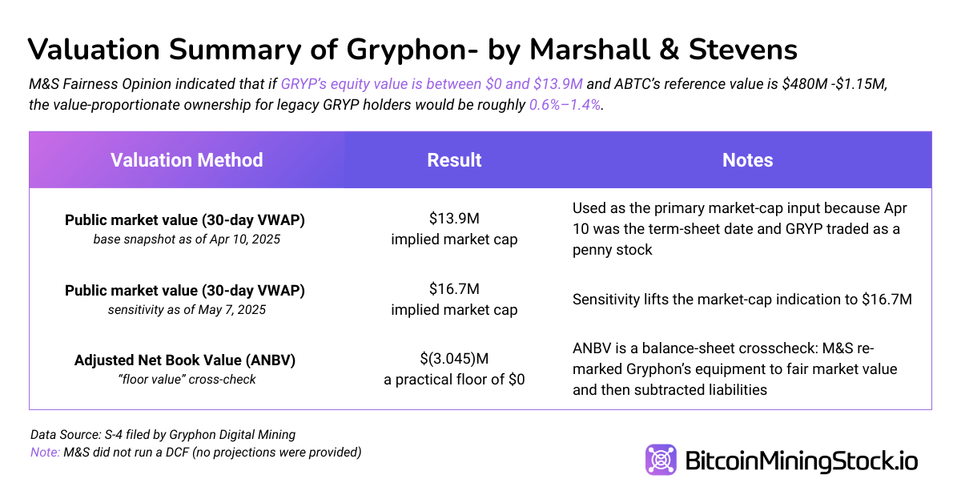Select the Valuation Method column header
pyautogui.click(x=187, y=160)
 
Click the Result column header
pyautogui.click(x=454, y=160)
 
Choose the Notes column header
pyautogui.click(x=747, y=160)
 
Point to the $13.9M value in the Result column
pyautogui.click(x=454, y=219)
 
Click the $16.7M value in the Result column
pyautogui.click(x=454, y=289)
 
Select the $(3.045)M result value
pyautogui.click(x=454, y=360)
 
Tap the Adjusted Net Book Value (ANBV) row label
pyautogui.click(x=185, y=360)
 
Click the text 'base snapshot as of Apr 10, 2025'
pyautogui.click(x=186, y=239)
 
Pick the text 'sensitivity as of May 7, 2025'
pyautogui.click(x=185, y=309)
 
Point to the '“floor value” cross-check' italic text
pyautogui.click(x=185, y=380)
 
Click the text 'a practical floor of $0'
pyautogui.click(x=454, y=380)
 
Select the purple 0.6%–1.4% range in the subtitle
pyautogui.click(x=564, y=105)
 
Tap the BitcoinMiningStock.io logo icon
pyautogui.click(x=661, y=461)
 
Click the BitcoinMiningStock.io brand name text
pyautogui.click(x=802, y=461)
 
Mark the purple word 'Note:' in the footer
pyautogui.click(x=44, y=453)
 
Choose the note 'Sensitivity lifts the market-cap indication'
pyautogui.click(x=742, y=300)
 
